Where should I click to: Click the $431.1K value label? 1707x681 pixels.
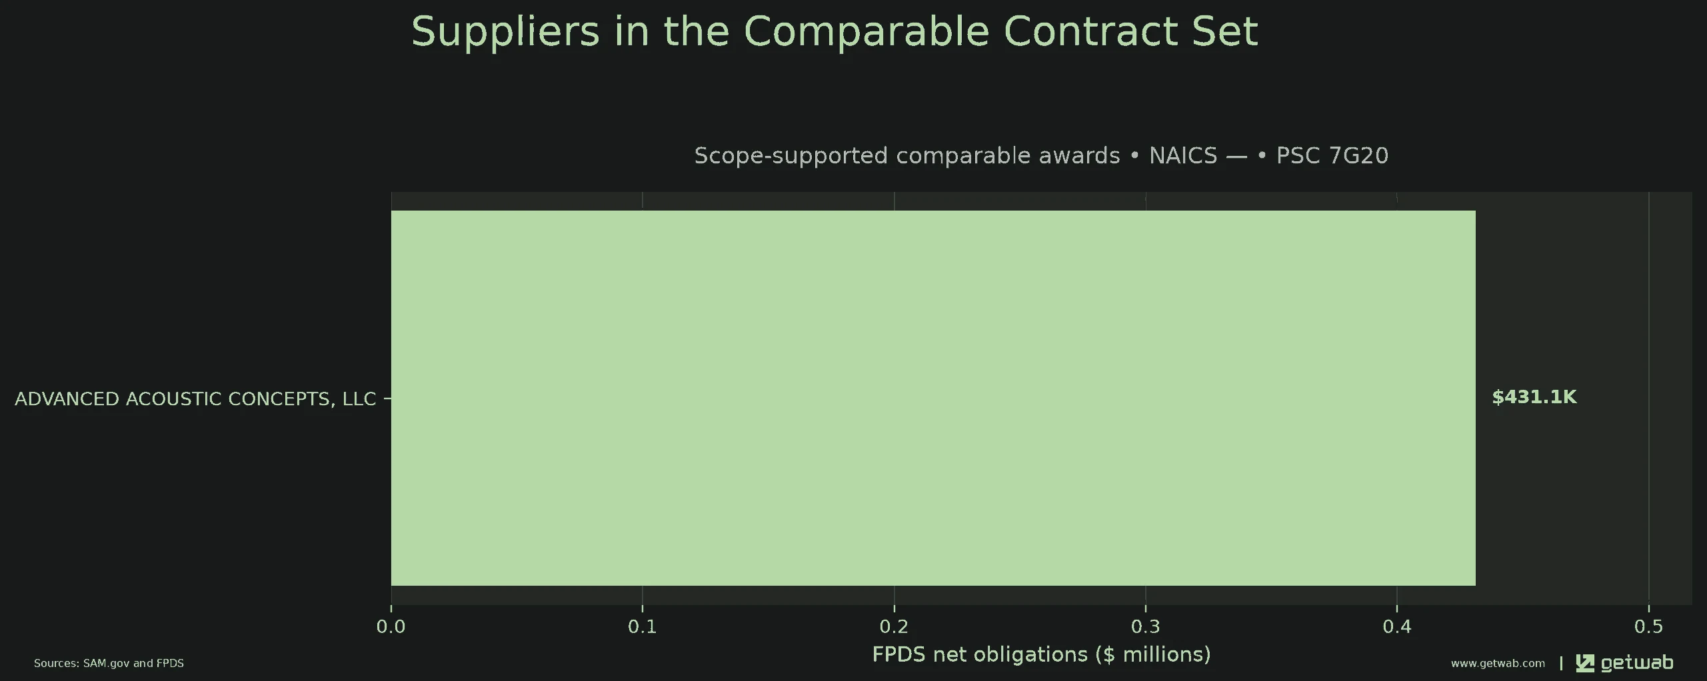pyautogui.click(x=1534, y=398)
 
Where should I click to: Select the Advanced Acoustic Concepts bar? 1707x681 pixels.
pyautogui.click(x=933, y=398)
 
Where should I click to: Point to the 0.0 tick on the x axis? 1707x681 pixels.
pyautogui.click(x=391, y=626)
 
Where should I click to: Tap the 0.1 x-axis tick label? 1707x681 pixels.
pyautogui.click(x=643, y=626)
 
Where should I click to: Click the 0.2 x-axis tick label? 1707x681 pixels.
pyautogui.click(x=894, y=626)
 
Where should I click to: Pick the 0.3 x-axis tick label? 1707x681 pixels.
pyautogui.click(x=1146, y=626)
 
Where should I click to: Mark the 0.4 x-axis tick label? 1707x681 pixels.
pyautogui.click(x=1397, y=626)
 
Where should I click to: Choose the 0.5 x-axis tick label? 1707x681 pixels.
pyautogui.click(x=1648, y=626)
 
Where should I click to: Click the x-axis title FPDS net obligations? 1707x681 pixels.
pyautogui.click(x=1041, y=654)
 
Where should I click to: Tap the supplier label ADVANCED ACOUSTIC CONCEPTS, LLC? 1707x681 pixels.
pyautogui.click(x=195, y=398)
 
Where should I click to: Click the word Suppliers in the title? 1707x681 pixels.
pyautogui.click(x=505, y=31)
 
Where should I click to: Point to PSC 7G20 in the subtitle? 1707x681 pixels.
pyautogui.click(x=1332, y=155)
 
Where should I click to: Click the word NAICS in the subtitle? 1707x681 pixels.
pyautogui.click(x=1183, y=155)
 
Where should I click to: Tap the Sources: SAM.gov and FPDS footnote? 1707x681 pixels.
pyautogui.click(x=109, y=663)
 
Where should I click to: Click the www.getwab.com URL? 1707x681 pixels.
pyautogui.click(x=1498, y=663)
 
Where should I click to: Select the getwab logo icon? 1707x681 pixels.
pyautogui.click(x=1584, y=663)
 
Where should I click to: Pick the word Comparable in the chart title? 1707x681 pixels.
pyautogui.click(x=866, y=31)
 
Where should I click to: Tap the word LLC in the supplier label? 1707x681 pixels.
pyautogui.click(x=359, y=398)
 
